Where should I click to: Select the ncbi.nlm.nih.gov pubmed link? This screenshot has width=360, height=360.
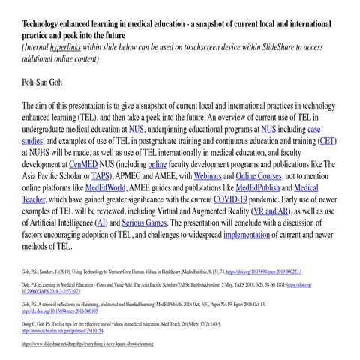point(62,331)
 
